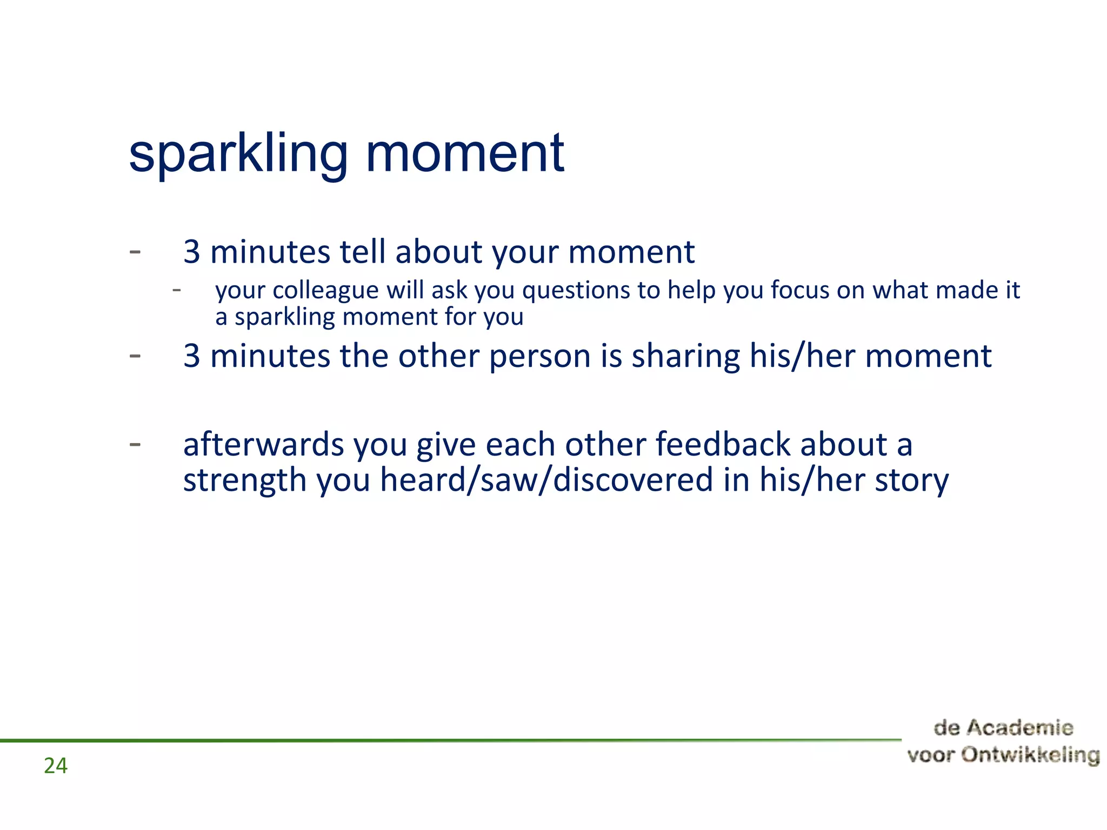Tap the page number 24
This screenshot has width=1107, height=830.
56,766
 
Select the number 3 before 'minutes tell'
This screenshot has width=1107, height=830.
191,252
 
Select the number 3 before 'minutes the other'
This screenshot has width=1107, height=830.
191,356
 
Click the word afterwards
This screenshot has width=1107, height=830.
264,445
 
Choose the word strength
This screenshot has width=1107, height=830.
244,480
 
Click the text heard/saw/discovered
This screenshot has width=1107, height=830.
546,480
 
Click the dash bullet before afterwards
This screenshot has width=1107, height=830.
135,444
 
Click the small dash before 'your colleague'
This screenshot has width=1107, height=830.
176,291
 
